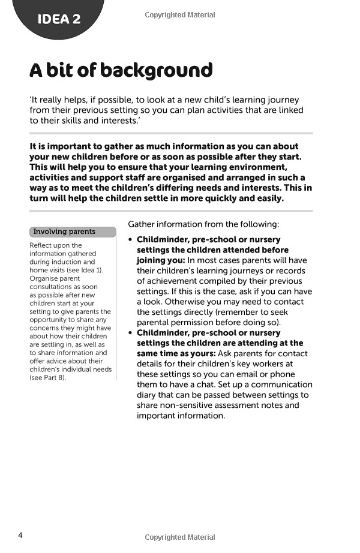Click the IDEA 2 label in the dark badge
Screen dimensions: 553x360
pos(59,19)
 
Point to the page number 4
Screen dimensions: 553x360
pos(20,535)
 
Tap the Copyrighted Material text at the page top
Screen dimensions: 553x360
pos(180,15)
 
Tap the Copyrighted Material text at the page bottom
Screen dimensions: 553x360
pos(180,537)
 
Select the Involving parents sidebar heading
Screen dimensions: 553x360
pos(64,232)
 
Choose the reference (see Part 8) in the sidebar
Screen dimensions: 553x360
pos(48,378)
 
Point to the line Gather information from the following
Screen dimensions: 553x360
pos(203,224)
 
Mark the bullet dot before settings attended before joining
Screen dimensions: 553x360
pos(130,240)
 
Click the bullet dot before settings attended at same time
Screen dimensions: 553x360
pos(130,333)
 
